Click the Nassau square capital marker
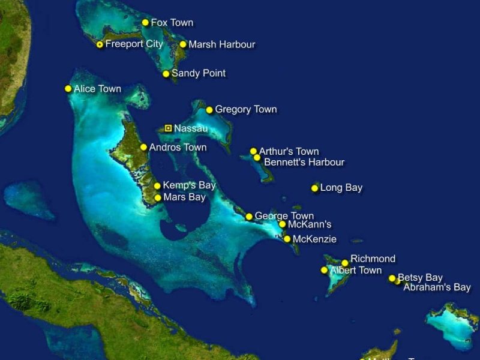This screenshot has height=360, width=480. pos(169,128)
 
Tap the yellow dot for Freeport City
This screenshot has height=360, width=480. pos(100,44)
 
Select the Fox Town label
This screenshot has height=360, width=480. pos(172,23)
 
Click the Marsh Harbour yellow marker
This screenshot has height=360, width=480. pos(183,44)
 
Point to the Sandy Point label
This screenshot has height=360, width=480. pos(199,73)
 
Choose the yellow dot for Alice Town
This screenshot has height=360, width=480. pos(68,89)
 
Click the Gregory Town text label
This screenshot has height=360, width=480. pos(246,109)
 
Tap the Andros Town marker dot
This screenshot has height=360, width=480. pos(143,147)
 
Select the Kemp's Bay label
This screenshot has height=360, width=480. pos(189,185)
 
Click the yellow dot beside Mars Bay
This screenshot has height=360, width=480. pos(158,197)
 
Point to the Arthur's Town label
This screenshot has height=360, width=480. pos(289,151)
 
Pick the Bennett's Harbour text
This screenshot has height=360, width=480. pos(304,162)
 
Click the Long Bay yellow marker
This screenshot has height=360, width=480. pos(314,188)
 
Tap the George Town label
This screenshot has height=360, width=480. pos(284,216)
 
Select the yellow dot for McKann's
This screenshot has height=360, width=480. pos(282,224)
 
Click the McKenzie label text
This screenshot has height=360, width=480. pos(314,239)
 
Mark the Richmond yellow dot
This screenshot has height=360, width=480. pos(345,263)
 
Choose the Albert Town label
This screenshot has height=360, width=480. pos(356,271)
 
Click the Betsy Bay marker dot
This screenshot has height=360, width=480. pos(392,278)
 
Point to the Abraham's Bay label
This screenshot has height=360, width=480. pos(437,287)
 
